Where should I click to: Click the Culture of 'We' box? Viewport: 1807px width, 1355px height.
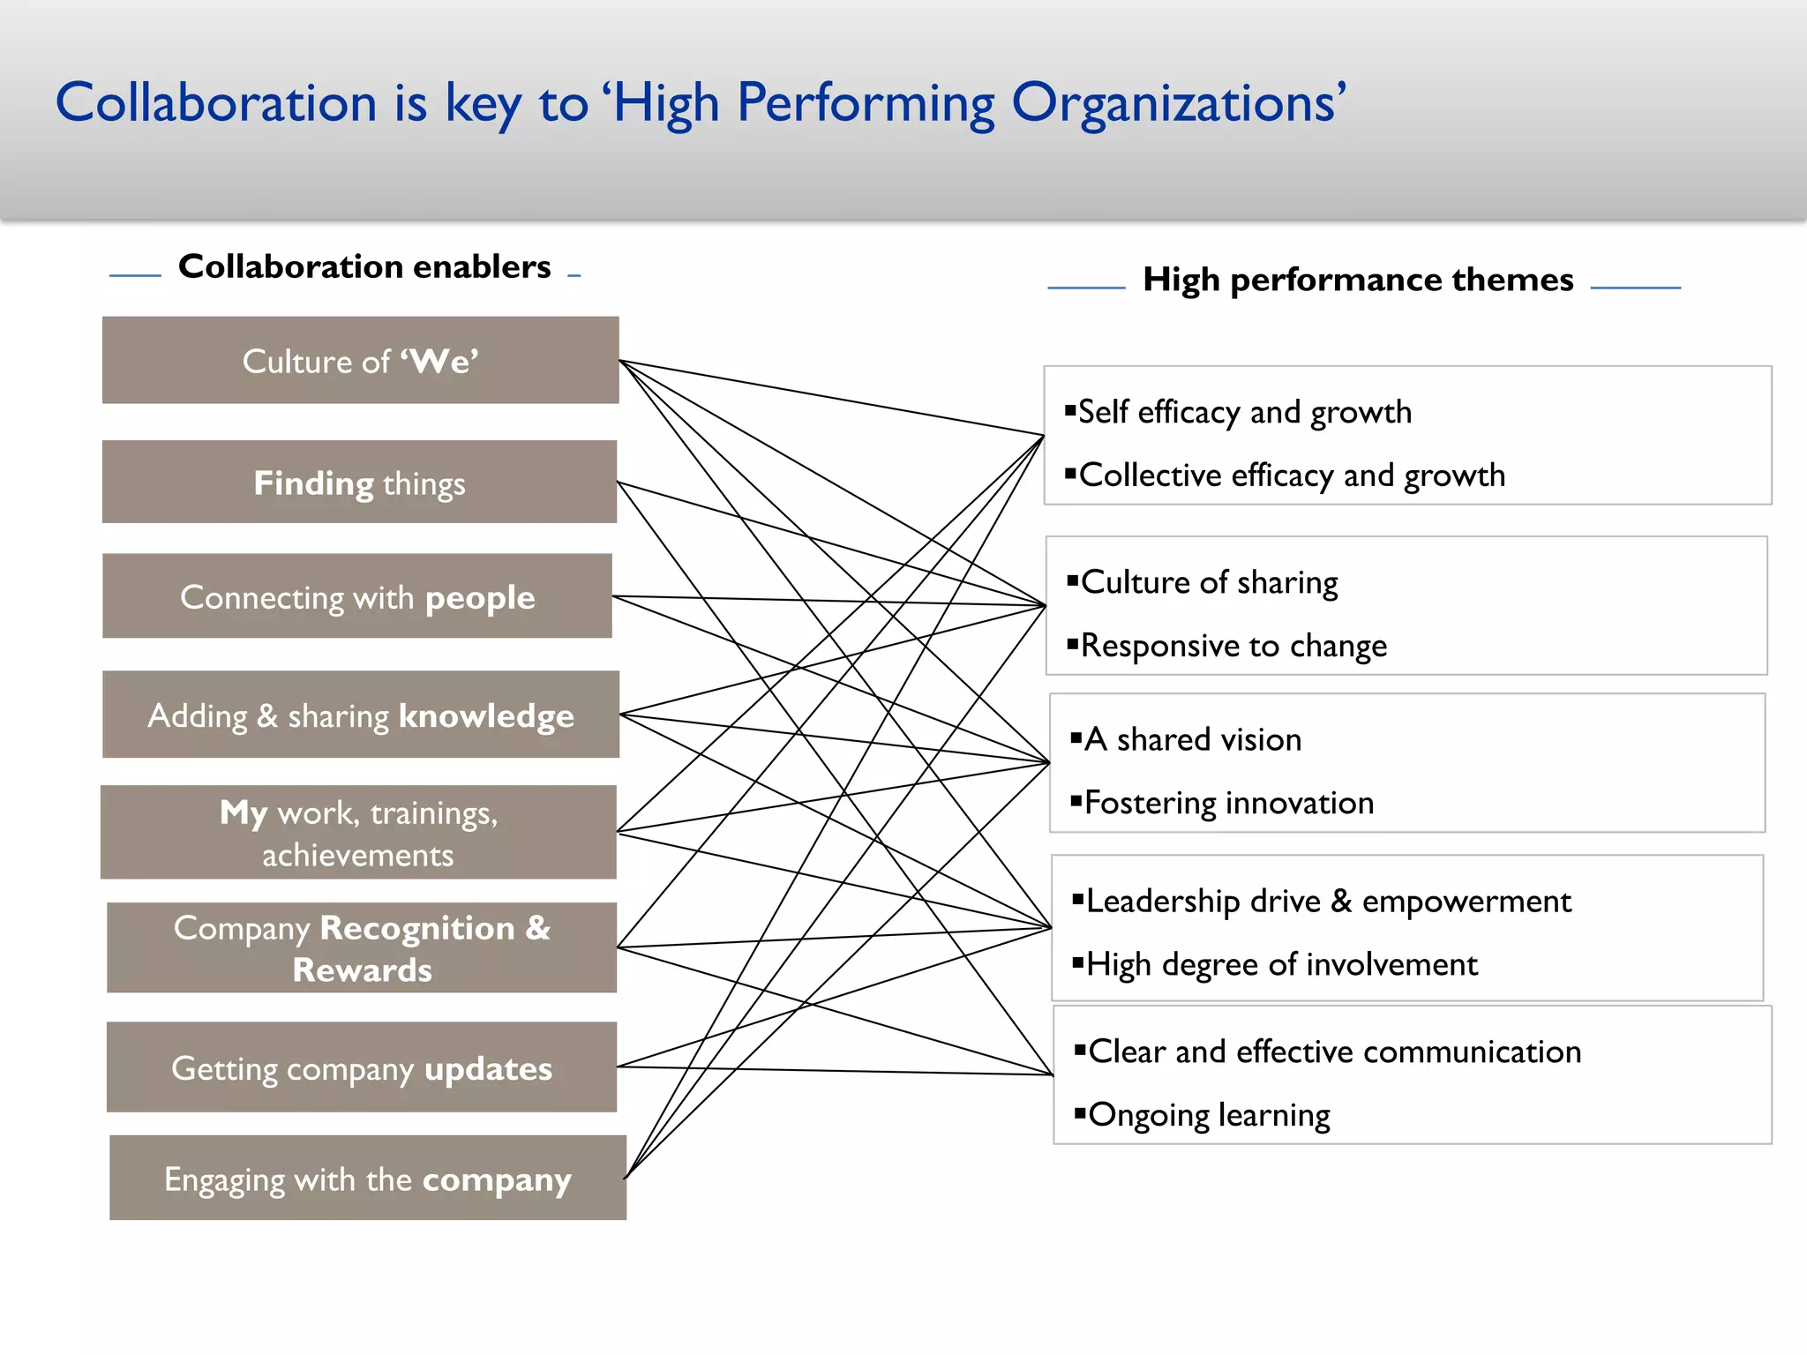click(360, 361)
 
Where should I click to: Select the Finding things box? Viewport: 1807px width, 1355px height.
click(359, 483)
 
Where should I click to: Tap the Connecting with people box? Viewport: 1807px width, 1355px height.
click(357, 597)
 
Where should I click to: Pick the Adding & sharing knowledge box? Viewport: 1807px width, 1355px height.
click(361, 715)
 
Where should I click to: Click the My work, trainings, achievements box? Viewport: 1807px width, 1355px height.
click(358, 833)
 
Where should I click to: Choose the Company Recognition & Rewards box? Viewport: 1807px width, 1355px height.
click(362, 948)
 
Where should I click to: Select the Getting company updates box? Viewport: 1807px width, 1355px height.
click(362, 1068)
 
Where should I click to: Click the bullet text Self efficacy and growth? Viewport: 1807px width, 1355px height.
click(1244, 412)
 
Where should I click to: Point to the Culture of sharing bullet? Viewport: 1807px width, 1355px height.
click(1209, 582)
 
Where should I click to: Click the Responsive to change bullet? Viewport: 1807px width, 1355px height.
click(1233, 646)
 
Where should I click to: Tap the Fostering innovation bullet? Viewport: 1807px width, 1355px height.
click(1228, 803)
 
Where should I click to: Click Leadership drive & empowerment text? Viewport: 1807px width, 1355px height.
click(1328, 902)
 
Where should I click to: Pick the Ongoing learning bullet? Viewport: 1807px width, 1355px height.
click(1209, 1115)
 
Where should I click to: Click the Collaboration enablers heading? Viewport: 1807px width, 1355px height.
click(364, 266)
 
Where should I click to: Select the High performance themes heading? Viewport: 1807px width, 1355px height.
click(1358, 280)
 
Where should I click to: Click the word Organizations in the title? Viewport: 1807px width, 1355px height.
click(1178, 104)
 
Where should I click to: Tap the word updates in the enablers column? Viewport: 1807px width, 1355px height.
click(488, 1068)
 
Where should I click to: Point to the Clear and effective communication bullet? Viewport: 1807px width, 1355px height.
click(1334, 1052)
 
